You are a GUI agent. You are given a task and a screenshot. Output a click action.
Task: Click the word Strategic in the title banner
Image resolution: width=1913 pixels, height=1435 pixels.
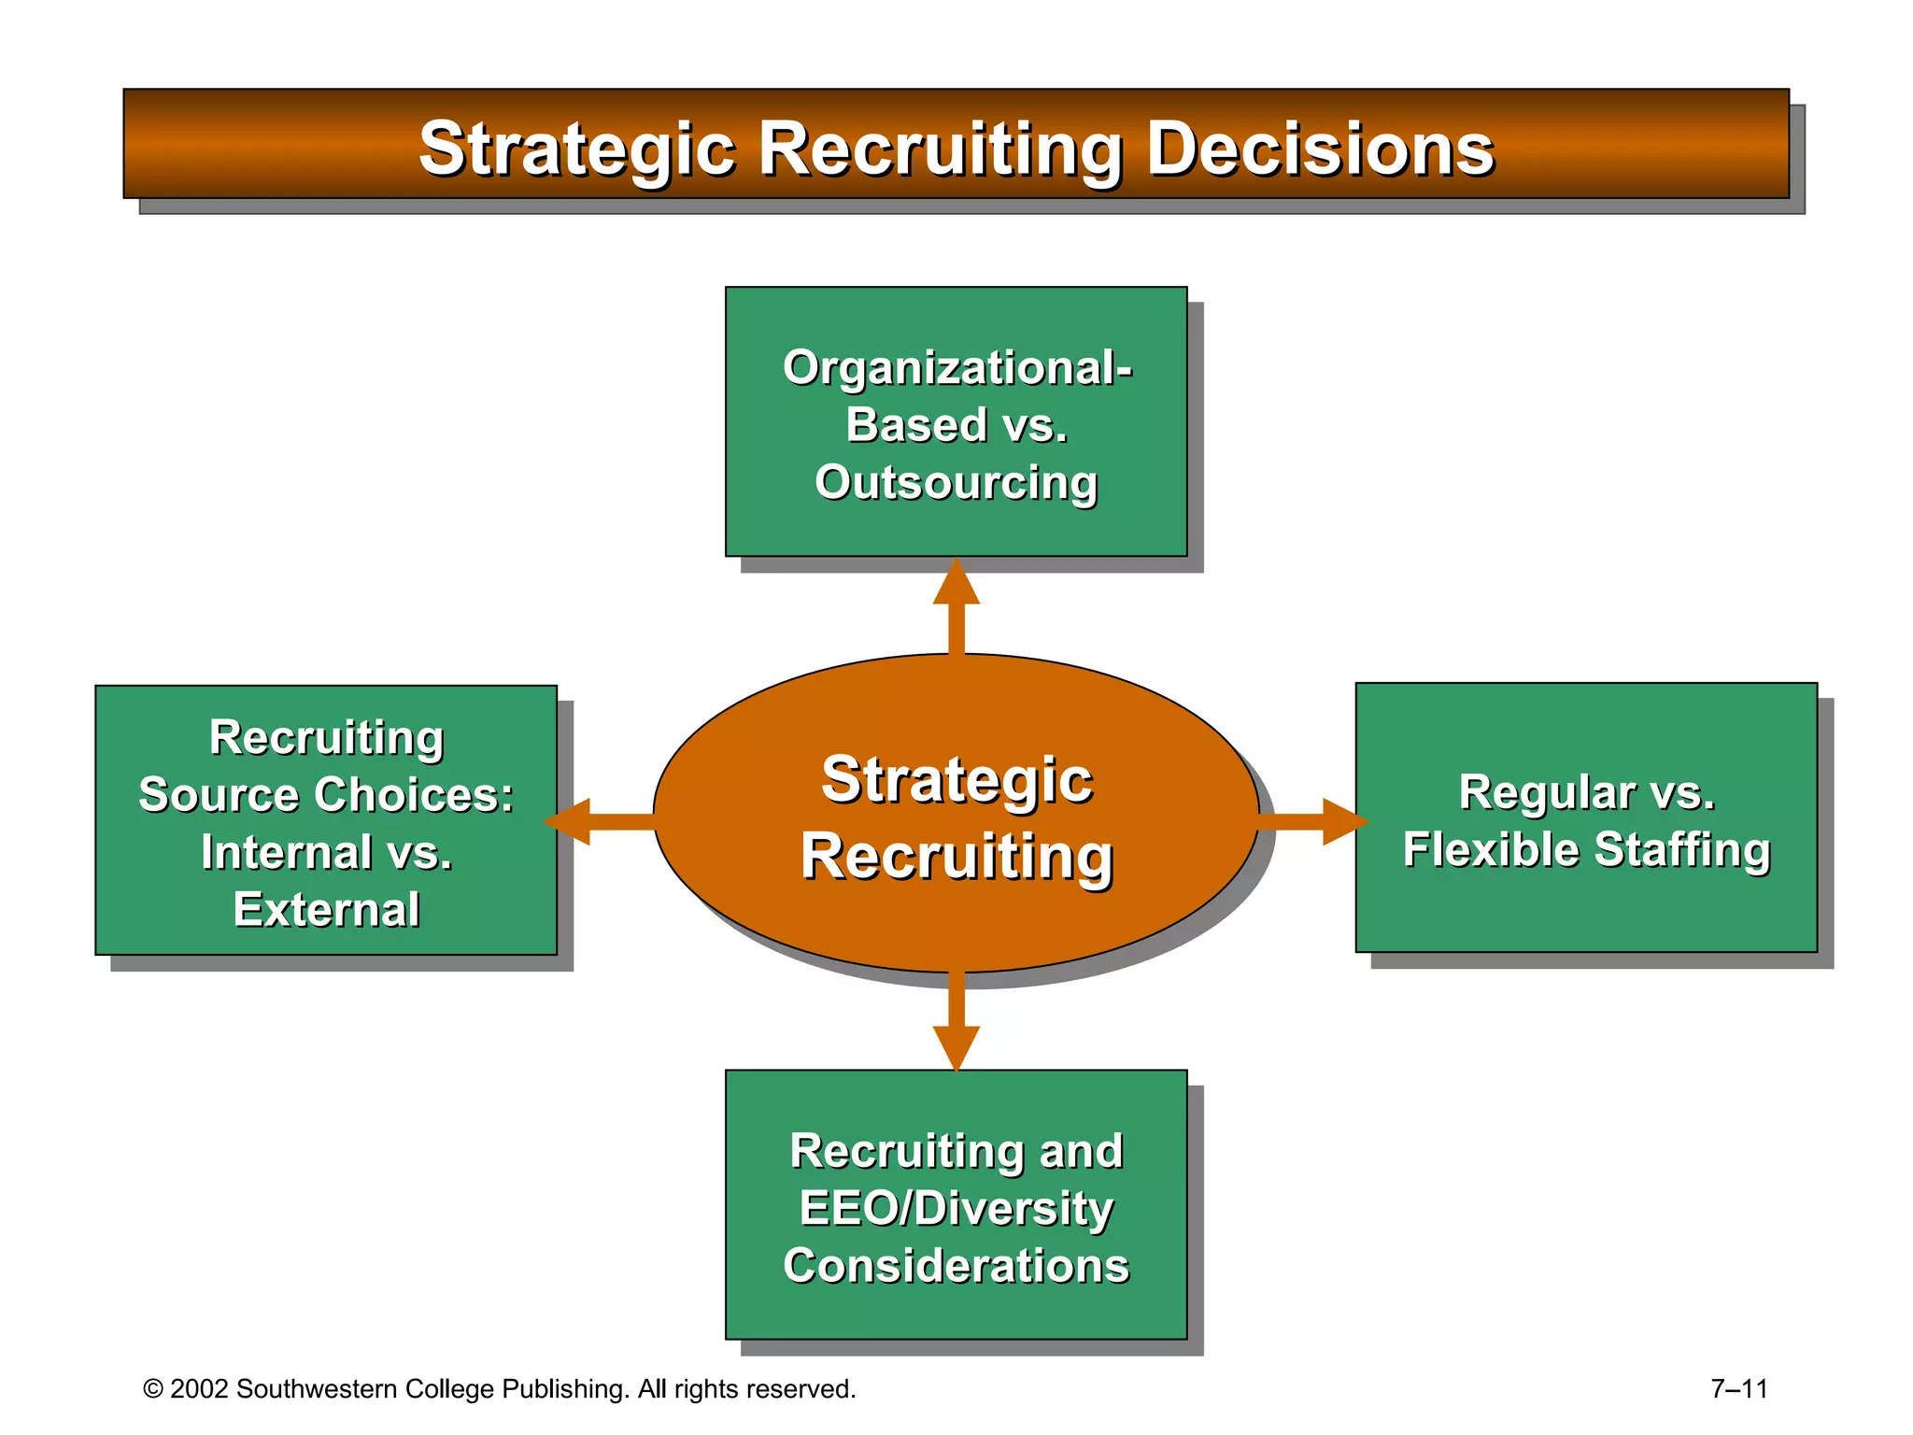pyautogui.click(x=576, y=149)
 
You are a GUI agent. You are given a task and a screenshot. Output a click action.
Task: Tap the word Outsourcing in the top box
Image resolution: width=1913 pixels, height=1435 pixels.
pyautogui.click(x=956, y=483)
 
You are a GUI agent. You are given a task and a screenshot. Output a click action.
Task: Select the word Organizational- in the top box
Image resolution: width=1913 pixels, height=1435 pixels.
pyautogui.click(x=957, y=367)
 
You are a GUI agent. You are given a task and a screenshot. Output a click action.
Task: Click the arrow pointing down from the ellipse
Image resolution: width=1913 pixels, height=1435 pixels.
pyautogui.click(x=956, y=1023)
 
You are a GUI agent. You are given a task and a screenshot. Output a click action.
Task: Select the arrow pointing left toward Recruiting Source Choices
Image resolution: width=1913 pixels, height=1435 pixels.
pyautogui.click(x=598, y=821)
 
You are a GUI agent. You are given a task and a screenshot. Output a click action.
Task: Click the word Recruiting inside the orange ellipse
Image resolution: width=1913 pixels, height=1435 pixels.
pyautogui.click(x=956, y=857)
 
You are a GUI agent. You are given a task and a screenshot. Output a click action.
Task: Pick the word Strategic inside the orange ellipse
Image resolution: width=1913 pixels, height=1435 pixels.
pyautogui.click(x=956, y=780)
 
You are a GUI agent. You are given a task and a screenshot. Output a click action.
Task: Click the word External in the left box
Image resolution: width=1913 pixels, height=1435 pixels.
pyautogui.click(x=326, y=909)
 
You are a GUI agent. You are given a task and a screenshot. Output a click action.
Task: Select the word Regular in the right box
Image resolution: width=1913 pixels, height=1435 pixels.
pyautogui.click(x=1546, y=792)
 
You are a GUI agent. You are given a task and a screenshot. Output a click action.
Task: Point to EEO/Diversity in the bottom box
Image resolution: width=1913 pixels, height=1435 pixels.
pyautogui.click(x=956, y=1208)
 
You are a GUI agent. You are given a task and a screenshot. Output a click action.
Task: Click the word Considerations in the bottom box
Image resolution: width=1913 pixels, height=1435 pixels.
pyautogui.click(x=956, y=1266)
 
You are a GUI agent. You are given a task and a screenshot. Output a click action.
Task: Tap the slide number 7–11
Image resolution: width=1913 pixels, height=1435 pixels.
pyautogui.click(x=1738, y=1389)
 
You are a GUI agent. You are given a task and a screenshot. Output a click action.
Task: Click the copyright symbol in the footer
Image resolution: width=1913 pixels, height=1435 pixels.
pyautogui.click(x=153, y=1389)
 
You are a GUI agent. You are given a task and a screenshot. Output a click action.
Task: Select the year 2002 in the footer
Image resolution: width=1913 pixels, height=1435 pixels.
pyautogui.click(x=199, y=1389)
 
